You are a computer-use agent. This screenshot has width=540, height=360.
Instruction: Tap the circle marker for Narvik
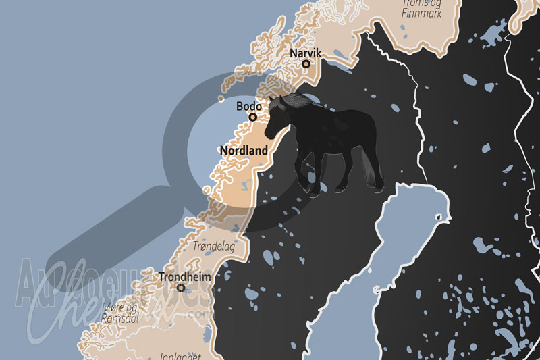pyautogui.click(x=306, y=64)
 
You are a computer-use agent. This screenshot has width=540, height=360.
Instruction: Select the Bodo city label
pyautogui.click(x=249, y=106)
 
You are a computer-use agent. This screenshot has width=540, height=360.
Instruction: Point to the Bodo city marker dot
pyautogui.click(x=253, y=117)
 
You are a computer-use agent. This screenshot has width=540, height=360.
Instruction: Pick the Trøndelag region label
pyautogui.click(x=214, y=247)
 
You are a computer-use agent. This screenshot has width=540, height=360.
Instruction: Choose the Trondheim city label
pyautogui.click(x=184, y=276)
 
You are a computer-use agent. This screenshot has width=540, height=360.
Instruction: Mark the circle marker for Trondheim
pyautogui.click(x=181, y=288)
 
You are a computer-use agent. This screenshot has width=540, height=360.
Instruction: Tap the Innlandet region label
pyautogui.click(x=176, y=355)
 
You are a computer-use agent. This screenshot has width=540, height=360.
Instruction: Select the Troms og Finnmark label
pyautogui.click(x=423, y=7)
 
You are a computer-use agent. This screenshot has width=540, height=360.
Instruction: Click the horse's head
pyautogui.click(x=275, y=118)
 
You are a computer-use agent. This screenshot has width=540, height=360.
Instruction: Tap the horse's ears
pyautogui.click(x=272, y=99)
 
